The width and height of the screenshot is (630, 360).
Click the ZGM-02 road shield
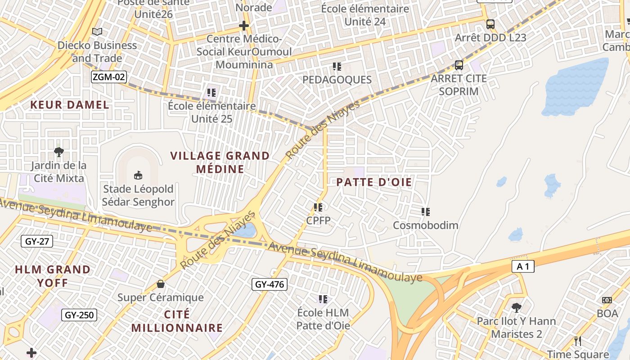(108, 77)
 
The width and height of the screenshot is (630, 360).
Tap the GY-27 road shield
(37, 242)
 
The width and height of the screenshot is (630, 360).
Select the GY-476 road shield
(269, 284)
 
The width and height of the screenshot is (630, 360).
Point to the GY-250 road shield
(79, 315)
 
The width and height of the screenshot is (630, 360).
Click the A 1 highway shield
(523, 266)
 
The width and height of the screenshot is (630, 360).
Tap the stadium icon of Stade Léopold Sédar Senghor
(138, 175)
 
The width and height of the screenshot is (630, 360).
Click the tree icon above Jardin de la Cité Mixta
(58, 152)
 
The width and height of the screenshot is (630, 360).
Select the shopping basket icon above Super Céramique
(160, 284)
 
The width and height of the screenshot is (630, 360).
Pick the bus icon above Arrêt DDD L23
(490, 24)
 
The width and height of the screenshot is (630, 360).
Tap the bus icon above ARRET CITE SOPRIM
(459, 65)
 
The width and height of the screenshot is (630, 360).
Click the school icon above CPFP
(318, 207)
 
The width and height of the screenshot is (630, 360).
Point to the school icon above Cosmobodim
(425, 211)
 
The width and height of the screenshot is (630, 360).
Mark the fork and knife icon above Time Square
(578, 341)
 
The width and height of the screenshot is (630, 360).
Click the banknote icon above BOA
(607, 300)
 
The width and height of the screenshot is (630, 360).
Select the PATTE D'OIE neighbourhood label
(374, 182)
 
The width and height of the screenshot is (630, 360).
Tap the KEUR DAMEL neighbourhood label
(70, 105)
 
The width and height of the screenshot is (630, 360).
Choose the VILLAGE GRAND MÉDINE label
(220, 162)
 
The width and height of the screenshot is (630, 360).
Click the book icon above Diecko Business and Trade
(97, 31)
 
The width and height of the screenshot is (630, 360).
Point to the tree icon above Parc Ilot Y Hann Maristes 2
(517, 308)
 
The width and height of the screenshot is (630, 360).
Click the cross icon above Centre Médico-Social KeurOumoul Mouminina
(244, 26)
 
